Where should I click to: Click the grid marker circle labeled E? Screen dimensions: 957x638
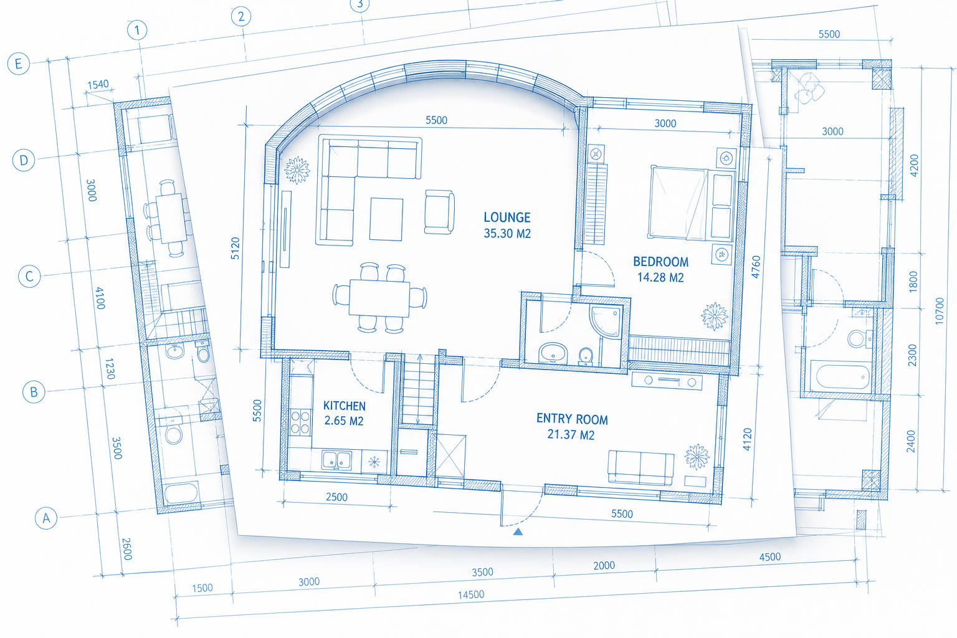click(x=18, y=64)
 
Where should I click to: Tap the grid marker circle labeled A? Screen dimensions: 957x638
click(x=45, y=518)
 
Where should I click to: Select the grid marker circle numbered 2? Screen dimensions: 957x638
click(x=241, y=17)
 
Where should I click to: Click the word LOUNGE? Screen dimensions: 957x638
click(x=507, y=217)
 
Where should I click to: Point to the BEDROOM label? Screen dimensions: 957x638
click(x=660, y=262)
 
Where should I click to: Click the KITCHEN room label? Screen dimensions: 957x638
click(x=345, y=406)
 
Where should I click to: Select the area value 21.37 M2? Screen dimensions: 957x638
click(x=571, y=435)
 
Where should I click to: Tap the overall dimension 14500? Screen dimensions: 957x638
click(x=471, y=594)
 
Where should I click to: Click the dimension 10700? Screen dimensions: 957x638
click(x=939, y=311)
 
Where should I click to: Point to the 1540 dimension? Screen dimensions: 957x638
click(x=98, y=84)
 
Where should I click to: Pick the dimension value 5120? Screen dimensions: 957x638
click(x=236, y=248)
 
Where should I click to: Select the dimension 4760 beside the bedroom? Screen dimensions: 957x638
click(x=756, y=267)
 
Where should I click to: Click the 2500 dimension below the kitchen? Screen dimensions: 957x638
click(x=336, y=497)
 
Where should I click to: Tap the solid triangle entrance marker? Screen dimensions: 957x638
click(x=518, y=531)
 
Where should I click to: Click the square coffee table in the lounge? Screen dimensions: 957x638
click(x=386, y=219)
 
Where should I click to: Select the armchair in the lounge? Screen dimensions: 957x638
click(x=439, y=212)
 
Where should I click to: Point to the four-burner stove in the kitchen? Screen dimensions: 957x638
click(x=300, y=422)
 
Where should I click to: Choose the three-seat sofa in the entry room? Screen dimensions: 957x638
click(x=641, y=468)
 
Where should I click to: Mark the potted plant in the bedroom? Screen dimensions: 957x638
click(x=715, y=317)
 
